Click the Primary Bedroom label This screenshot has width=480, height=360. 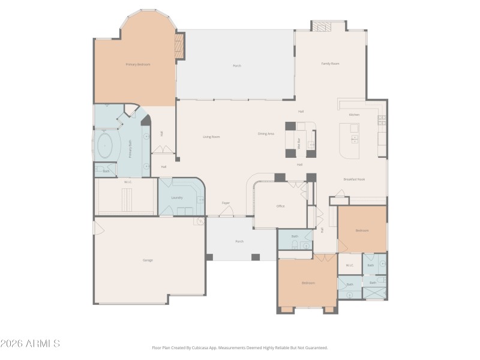coord(137,64)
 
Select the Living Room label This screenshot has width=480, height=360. coord(211,137)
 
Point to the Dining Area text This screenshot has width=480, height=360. coord(266,134)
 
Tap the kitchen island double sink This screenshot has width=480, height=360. coord(355,139)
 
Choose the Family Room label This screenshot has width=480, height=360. coord(330,64)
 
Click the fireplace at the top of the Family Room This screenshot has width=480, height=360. coord(323,26)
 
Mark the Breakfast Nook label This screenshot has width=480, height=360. coord(354,179)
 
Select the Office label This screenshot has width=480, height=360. coord(280,206)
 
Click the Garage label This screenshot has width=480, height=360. coord(148,260)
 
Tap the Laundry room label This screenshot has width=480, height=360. coord(177,197)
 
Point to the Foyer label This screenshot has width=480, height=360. coord(226,203)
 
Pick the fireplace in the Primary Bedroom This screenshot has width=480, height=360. coord(178,46)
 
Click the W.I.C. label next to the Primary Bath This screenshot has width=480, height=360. coord(128,181)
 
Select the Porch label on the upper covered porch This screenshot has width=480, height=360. coord(237,65)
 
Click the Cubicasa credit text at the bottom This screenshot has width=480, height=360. coord(240,347)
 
